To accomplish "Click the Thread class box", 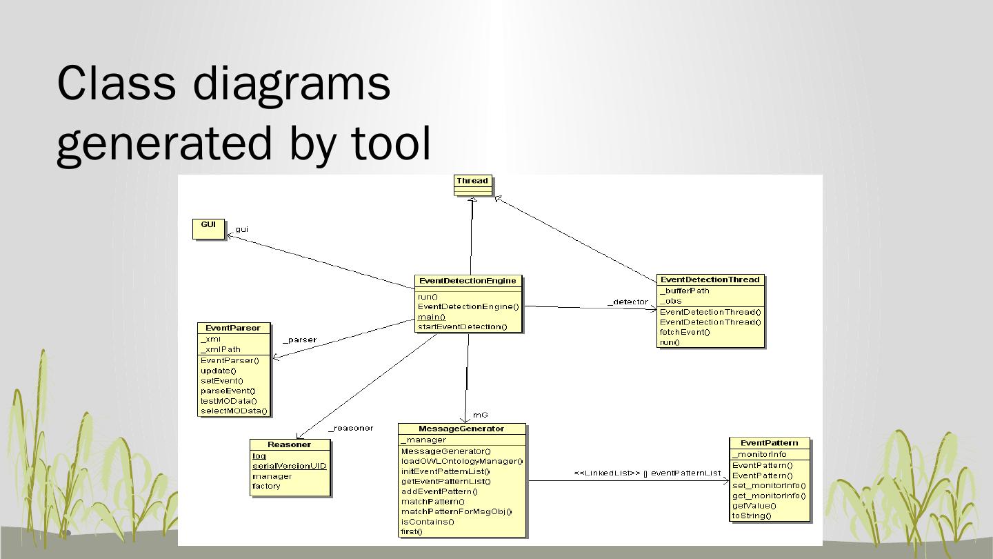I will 472,185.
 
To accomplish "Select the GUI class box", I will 208,228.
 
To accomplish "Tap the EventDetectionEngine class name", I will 468,281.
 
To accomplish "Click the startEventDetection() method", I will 462,327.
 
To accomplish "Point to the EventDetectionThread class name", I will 710,279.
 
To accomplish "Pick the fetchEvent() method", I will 684,332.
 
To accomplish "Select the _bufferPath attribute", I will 684,291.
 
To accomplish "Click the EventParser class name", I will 233,328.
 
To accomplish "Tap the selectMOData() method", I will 234,411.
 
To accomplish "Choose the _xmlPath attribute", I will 221,349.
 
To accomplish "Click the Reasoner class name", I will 289,444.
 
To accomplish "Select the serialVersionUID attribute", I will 289,466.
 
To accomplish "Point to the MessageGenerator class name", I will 461,429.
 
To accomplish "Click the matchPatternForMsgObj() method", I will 457,511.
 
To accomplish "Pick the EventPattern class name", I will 769,442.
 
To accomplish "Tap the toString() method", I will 752,516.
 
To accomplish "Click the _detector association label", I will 628,302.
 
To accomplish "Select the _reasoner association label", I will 350,428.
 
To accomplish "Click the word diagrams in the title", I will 291,83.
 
